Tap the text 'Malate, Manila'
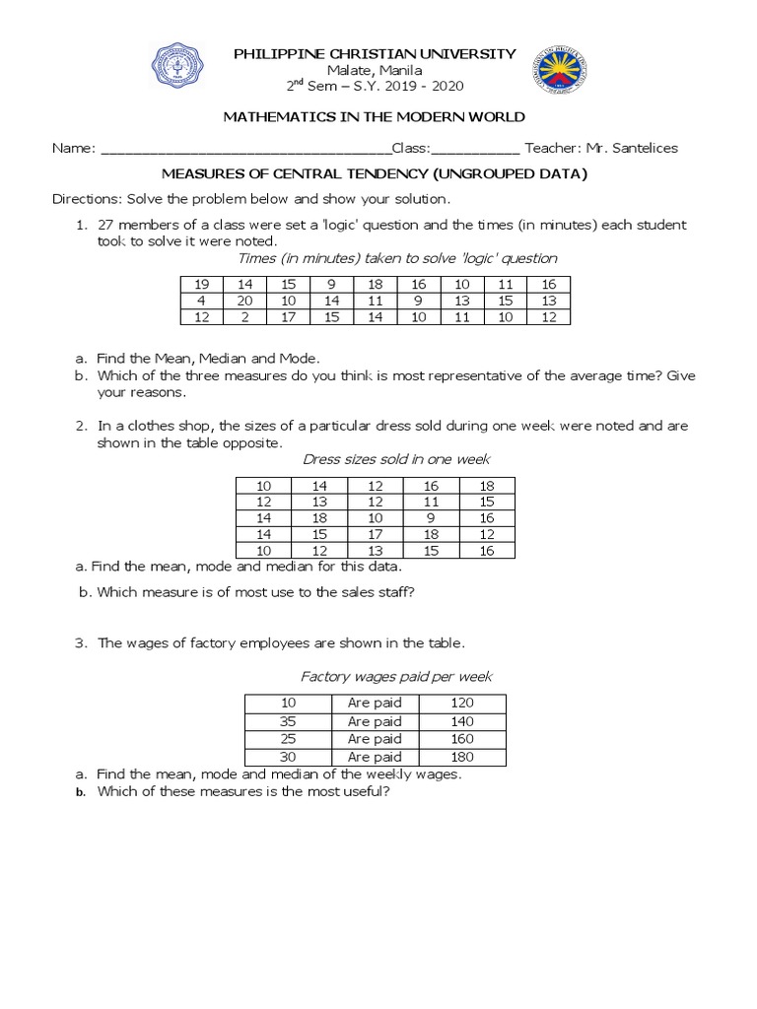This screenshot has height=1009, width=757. [x=374, y=70]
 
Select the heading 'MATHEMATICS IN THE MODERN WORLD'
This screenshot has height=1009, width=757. [x=374, y=116]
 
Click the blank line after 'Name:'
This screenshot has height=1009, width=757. [x=245, y=149]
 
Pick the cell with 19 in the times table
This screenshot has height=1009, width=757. [x=202, y=284]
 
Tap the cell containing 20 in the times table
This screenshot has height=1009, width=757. [x=245, y=301]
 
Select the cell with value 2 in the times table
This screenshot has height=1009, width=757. [x=245, y=317]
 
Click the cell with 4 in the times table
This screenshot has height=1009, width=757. [x=202, y=301]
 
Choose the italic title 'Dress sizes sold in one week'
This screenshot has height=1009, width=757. [x=395, y=459]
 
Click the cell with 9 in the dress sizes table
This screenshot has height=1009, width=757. [x=431, y=518]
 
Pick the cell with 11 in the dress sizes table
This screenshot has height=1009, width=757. [x=431, y=502]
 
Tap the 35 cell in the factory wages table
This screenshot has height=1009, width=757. [x=288, y=721]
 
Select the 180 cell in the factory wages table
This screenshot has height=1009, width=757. [x=461, y=757]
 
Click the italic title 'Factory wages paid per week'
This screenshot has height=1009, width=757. [x=395, y=677]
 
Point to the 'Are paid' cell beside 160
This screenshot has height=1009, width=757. [x=375, y=739]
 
